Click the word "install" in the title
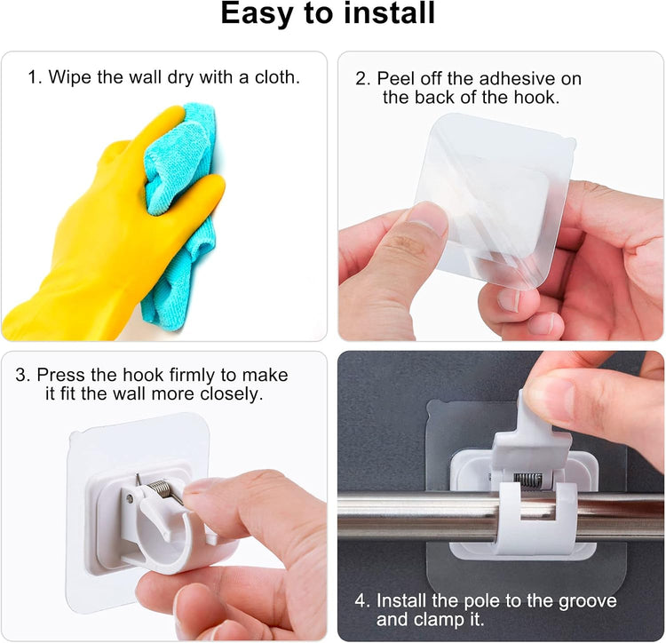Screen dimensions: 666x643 389,13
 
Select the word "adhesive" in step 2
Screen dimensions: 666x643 515,78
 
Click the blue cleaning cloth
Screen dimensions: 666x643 180,204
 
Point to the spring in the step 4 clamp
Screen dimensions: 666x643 528,480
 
